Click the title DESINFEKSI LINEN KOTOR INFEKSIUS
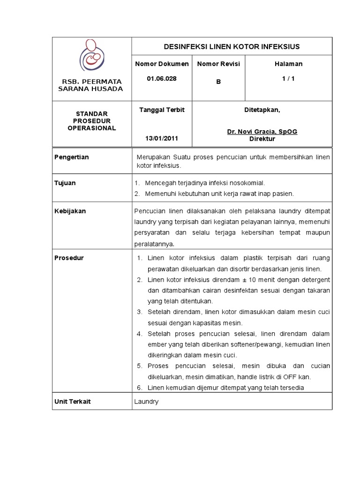pyautogui.click(x=231, y=46)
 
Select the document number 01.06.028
pyautogui.click(x=162, y=79)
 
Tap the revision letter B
pyautogui.click(x=218, y=82)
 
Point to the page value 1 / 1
pyautogui.click(x=288, y=79)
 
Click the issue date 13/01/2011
pyautogui.click(x=162, y=138)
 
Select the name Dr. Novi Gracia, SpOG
pyautogui.click(x=262, y=132)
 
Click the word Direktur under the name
pyautogui.click(x=262, y=139)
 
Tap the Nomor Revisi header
pyautogui.click(x=218, y=64)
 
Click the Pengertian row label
pyautogui.click(x=72, y=157)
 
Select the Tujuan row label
pyautogui.click(x=65, y=183)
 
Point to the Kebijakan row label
pyautogui.click(x=70, y=211)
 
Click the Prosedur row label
pyautogui.click(x=69, y=258)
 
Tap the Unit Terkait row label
pyautogui.click(x=73, y=401)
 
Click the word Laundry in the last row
pyautogui.click(x=146, y=402)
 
